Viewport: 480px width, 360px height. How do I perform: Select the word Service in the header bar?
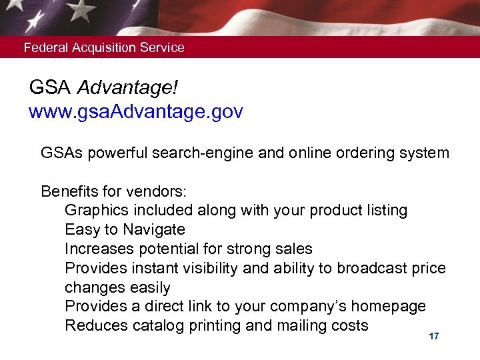[x=161, y=48]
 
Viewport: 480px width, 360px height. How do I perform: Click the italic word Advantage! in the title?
[x=127, y=87]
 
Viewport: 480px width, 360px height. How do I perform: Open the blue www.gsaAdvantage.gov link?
[x=135, y=111]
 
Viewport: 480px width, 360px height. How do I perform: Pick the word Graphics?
[x=94, y=211]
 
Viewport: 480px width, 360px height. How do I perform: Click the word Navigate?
[x=154, y=230]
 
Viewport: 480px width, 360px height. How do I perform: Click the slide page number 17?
[x=434, y=337]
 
